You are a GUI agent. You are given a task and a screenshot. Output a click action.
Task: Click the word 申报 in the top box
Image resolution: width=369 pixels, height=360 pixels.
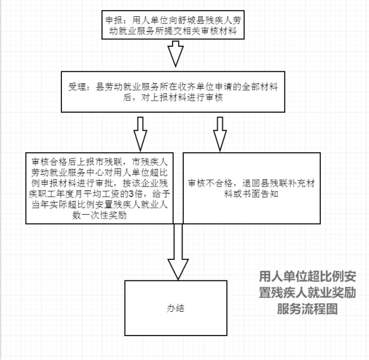[x=114, y=21]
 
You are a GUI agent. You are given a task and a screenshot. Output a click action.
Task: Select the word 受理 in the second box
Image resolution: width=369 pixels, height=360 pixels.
[x=77, y=87]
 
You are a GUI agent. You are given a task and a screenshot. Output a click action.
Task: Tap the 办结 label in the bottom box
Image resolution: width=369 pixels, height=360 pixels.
[x=176, y=308]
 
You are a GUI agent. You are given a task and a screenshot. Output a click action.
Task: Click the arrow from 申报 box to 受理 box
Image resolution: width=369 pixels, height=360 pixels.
[x=175, y=54]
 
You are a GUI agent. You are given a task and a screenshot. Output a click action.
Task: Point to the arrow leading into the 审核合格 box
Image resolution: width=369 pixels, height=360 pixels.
[x=140, y=134]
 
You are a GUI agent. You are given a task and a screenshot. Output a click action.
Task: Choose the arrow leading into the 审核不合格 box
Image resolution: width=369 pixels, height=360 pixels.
[x=220, y=134]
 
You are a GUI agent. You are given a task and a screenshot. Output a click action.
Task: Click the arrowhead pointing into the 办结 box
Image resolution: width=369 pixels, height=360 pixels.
[x=178, y=269]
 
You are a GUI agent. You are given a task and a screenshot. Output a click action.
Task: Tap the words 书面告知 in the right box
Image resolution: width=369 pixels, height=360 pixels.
[x=260, y=194]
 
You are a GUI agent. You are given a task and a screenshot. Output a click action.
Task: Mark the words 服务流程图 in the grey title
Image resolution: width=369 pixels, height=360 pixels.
[x=307, y=309]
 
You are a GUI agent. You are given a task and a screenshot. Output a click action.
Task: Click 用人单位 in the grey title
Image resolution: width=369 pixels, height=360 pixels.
[x=283, y=276]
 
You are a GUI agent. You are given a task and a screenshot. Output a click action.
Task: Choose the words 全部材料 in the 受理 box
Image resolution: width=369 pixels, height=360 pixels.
[x=260, y=87]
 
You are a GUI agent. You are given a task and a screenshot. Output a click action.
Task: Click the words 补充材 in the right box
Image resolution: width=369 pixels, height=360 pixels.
[x=301, y=183]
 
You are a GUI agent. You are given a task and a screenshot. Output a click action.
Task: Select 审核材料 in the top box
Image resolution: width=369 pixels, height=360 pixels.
[x=219, y=31]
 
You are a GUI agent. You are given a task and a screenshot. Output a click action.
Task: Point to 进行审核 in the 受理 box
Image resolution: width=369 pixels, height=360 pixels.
[x=205, y=98]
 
